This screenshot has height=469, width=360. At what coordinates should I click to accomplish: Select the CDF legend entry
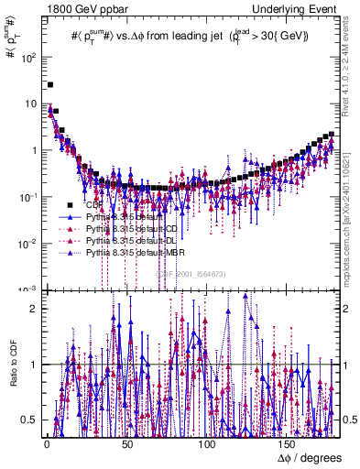coord(92,205)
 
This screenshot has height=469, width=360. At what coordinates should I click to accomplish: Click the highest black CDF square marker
coord(50,84)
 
